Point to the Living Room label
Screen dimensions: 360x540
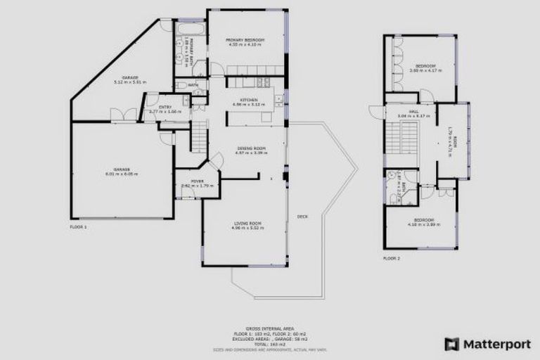pyautogui.click(x=247, y=224)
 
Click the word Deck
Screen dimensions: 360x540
pyautogui.click(x=302, y=216)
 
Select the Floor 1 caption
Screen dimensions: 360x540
pyautogui.click(x=78, y=227)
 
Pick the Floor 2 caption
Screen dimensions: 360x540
pyautogui.click(x=391, y=258)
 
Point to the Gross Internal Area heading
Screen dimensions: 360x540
pyautogui.click(x=269, y=328)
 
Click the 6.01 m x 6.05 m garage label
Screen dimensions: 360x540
pyautogui.click(x=122, y=172)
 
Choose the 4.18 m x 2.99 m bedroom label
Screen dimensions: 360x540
pyautogui.click(x=423, y=222)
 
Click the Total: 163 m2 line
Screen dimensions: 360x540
pyautogui.click(x=269, y=344)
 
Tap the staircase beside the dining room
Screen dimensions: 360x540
pyautogui.click(x=200, y=133)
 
